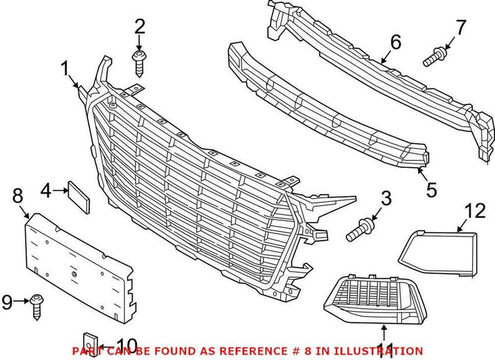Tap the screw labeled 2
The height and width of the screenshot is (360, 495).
[x=139, y=64]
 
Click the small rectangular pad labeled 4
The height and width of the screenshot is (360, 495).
[x=79, y=195]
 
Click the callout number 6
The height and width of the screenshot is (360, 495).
[x=395, y=42]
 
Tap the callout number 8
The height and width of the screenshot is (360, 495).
[x=17, y=197]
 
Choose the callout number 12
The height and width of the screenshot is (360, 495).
[x=476, y=211]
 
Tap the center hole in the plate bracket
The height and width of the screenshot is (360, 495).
[x=74, y=273]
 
